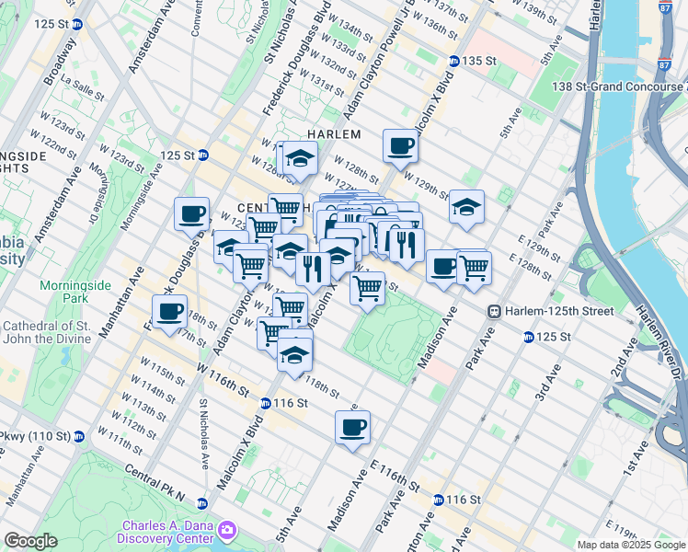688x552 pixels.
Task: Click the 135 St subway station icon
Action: (453, 62)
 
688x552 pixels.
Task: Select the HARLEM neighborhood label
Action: (333, 134)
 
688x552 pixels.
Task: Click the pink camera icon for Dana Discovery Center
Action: (226, 531)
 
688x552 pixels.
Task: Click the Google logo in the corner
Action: (29, 541)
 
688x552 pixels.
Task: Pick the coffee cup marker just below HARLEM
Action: (399, 145)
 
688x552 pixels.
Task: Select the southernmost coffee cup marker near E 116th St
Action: (352, 427)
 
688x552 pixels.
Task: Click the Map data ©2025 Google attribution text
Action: (631, 545)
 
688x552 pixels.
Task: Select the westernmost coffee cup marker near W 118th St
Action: (169, 311)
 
